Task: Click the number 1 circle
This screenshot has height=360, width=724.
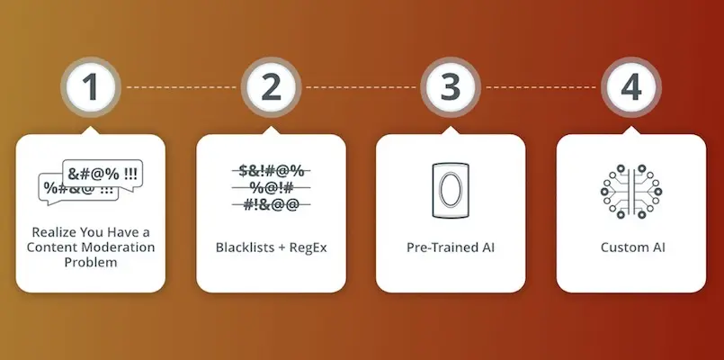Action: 91,87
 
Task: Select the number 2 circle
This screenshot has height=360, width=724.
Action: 271,87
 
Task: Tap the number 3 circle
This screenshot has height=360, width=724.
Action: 451,87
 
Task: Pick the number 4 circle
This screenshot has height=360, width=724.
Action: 631,87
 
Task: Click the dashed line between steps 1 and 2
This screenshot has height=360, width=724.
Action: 181,87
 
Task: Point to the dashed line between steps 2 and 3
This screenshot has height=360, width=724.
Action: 361,87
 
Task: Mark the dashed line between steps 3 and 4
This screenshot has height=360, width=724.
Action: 541,87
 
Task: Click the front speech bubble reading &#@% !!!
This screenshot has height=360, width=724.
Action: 103,175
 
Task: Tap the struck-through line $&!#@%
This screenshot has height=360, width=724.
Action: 271,171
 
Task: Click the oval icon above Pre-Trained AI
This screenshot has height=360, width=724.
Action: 451,190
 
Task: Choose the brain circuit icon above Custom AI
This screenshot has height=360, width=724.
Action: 631,191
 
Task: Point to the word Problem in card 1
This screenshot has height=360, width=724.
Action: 91,262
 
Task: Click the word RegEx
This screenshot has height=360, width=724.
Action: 308,247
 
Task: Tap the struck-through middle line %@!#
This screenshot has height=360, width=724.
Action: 271,187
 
